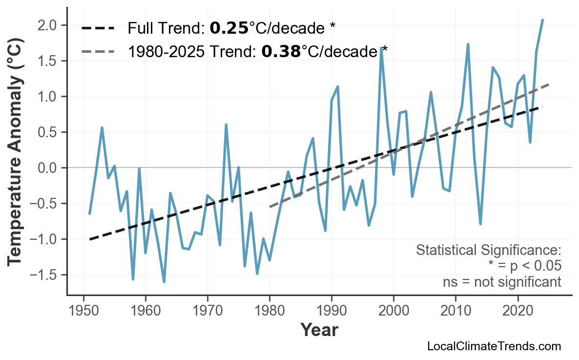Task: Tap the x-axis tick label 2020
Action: click(x=517, y=311)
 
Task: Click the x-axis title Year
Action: click(x=319, y=330)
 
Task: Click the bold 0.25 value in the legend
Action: click(x=229, y=28)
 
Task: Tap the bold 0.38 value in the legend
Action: click(x=281, y=51)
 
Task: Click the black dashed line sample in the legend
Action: click(x=98, y=28)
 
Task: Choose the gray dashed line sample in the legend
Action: click(x=98, y=51)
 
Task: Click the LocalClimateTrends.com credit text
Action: click(x=494, y=346)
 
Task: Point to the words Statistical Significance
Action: click(x=488, y=251)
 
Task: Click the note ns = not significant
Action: click(x=502, y=282)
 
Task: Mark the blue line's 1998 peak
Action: click(x=381, y=48)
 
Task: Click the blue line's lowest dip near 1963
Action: click(x=164, y=282)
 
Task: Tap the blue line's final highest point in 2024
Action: click(x=542, y=20)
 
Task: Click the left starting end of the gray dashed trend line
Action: click(x=270, y=207)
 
